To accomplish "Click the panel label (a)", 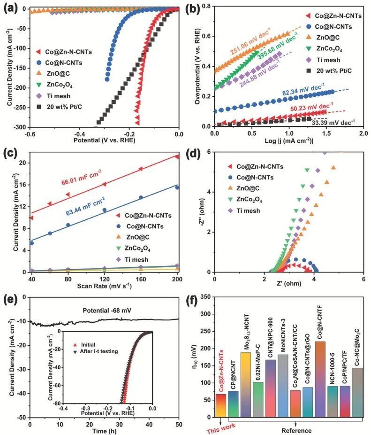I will pyautogui.click(x=12, y=8).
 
